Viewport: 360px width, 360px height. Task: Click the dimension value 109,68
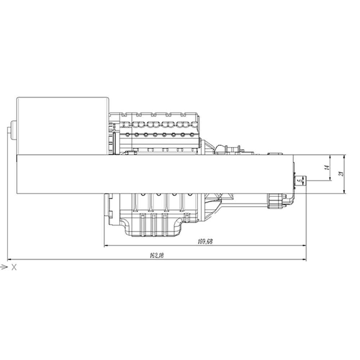coord(205,242)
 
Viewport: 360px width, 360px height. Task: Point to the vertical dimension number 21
coord(342,174)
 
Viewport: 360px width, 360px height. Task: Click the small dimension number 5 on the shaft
coord(298,180)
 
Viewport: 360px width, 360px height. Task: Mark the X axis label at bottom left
coord(14,267)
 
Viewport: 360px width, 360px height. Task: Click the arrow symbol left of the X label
coord(4,267)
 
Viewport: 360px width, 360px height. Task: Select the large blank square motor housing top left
coord(63,126)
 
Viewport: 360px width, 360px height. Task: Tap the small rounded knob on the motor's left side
coord(14,130)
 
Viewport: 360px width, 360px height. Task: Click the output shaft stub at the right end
coord(300,180)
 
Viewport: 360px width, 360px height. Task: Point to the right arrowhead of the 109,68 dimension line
coord(304,246)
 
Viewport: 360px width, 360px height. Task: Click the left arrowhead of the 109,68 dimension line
coord(106,246)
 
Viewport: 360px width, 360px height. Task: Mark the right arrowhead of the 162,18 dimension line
coord(304,259)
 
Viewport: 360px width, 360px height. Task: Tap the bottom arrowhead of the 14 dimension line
coord(330,179)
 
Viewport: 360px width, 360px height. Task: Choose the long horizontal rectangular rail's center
coord(155,174)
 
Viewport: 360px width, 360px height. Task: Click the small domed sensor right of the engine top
coord(275,153)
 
